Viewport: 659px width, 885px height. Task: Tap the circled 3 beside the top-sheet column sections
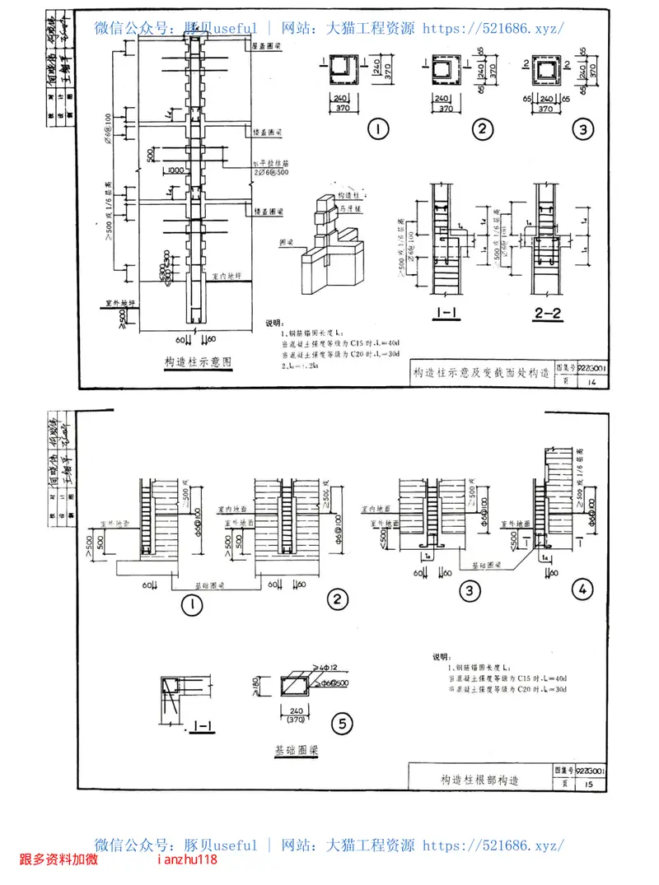582,129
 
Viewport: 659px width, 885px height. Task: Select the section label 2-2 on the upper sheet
546,313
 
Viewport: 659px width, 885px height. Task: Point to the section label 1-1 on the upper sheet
445,313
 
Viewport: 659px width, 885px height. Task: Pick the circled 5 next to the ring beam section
341,724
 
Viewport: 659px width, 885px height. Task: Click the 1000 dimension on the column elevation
175,170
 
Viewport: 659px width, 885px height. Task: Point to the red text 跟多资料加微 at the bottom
58,860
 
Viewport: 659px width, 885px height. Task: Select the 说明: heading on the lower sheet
442,657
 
